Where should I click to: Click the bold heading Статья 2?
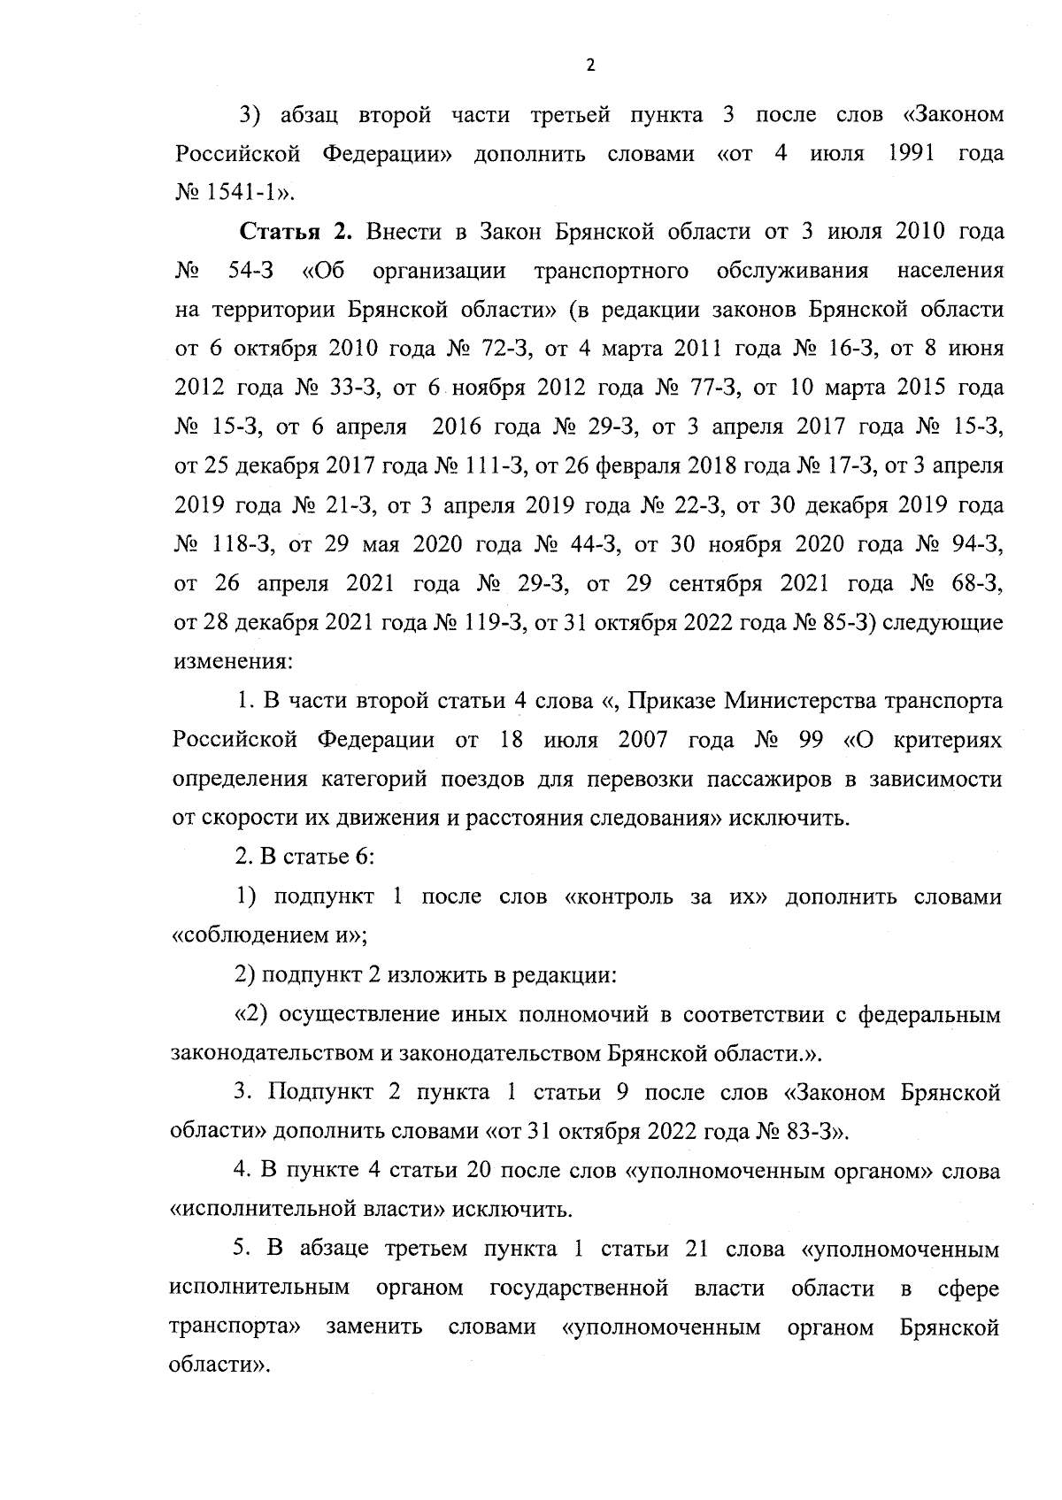[296, 233]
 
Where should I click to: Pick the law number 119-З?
[491, 622]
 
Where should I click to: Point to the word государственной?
[579, 1288]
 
